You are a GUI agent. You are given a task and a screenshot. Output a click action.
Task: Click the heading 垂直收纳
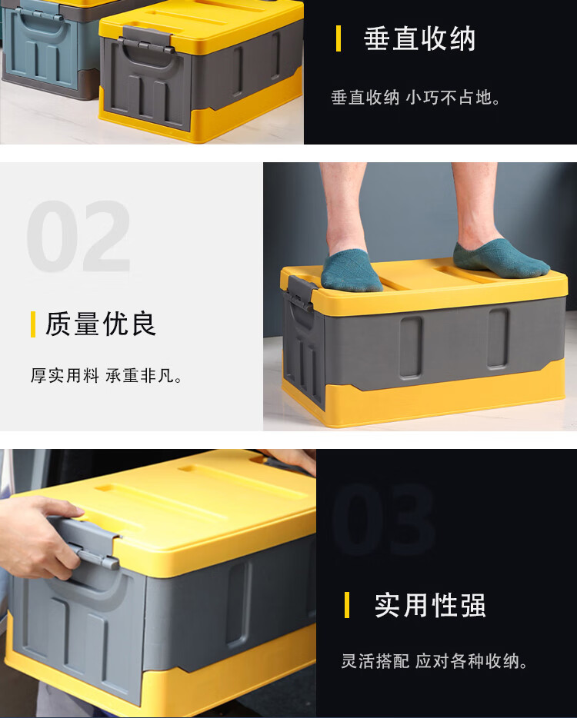click(x=419, y=39)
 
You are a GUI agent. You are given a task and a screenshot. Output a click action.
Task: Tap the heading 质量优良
click(x=101, y=324)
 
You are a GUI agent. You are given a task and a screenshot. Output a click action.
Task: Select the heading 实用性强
click(x=430, y=605)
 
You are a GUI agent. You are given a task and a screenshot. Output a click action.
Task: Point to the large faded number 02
click(x=78, y=236)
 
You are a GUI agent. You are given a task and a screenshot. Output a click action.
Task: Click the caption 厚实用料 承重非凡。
click(x=107, y=375)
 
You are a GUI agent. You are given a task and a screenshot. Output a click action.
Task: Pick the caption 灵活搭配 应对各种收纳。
click(x=435, y=661)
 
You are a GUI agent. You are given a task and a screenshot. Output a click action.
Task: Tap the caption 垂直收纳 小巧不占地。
click(x=415, y=98)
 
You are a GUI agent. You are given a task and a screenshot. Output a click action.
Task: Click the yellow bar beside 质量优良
click(x=33, y=324)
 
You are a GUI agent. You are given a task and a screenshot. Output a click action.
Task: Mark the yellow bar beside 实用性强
click(x=347, y=605)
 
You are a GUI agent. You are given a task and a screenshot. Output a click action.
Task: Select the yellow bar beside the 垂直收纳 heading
click(x=339, y=38)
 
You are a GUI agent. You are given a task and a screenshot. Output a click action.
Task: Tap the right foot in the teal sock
click(x=499, y=259)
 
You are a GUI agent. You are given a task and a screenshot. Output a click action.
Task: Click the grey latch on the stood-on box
click(x=300, y=294)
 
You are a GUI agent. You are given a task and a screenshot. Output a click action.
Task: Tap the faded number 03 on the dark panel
click(x=383, y=519)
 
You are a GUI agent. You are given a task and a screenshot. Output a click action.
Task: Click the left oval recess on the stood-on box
click(x=411, y=347)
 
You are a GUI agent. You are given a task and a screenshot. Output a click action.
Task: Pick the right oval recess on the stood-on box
click(x=499, y=338)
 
